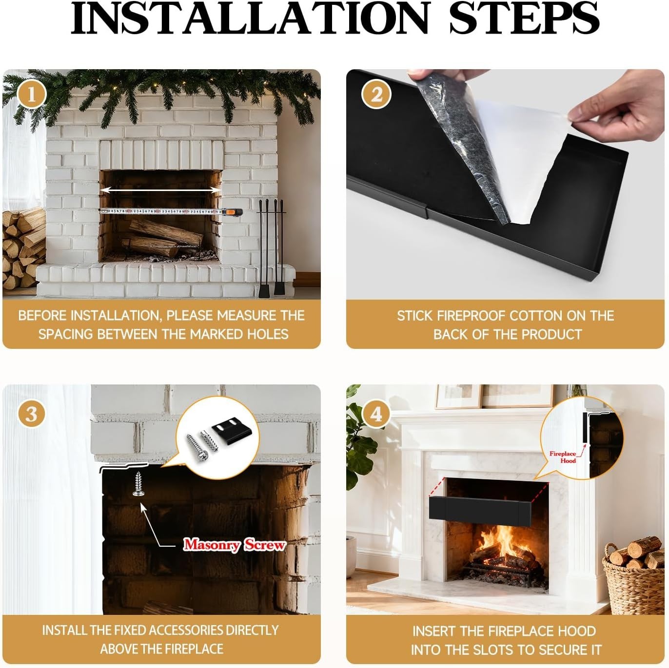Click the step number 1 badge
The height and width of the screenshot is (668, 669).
click(32, 95)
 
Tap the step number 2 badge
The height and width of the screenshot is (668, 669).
click(376, 95)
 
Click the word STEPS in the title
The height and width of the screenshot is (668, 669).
click(524, 19)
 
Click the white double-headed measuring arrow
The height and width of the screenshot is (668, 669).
click(161, 191)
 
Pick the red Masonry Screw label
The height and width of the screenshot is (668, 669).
click(234, 544)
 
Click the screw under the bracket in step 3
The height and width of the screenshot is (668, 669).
click(138, 484)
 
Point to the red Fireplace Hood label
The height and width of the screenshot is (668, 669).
click(563, 457)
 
